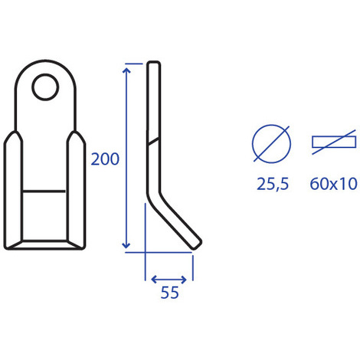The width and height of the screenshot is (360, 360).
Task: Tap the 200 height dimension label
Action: [x=105, y=159]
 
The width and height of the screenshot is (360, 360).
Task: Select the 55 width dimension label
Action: [x=170, y=293]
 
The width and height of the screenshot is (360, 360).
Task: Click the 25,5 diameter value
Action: [x=273, y=185]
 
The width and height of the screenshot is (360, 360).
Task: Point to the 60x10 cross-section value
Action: [x=333, y=184]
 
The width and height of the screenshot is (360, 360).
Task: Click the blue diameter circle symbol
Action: [x=271, y=144]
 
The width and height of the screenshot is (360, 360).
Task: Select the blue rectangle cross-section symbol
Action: [x=334, y=142]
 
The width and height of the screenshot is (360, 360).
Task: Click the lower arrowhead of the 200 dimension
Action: [x=126, y=246]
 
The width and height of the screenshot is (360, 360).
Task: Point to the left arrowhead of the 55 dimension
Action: [x=153, y=280]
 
